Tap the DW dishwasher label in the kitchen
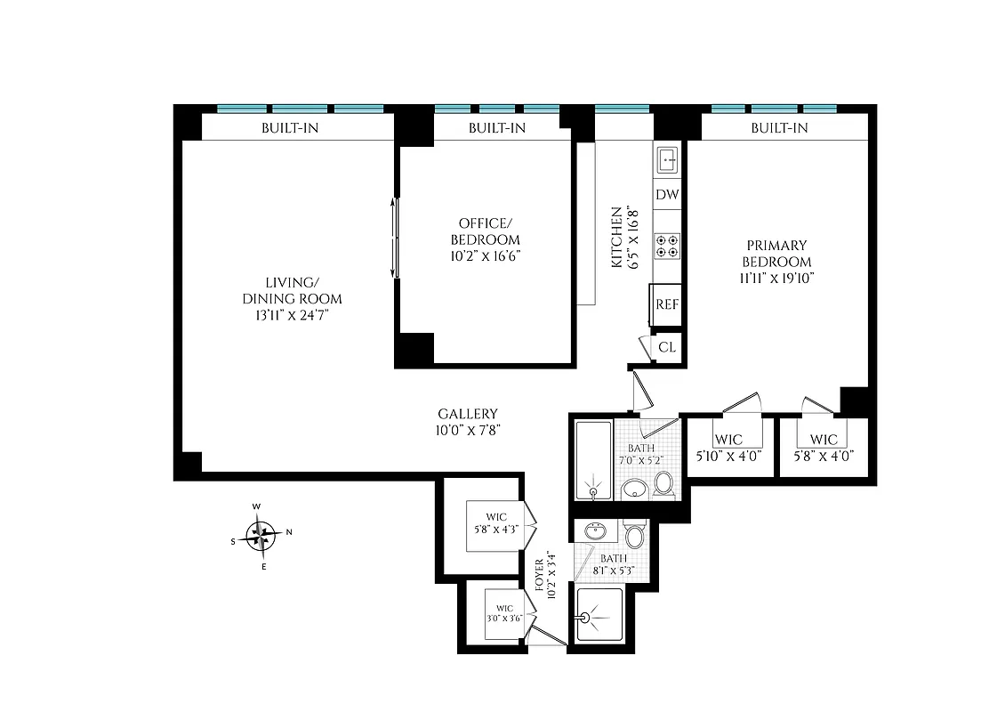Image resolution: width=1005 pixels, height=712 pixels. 667,195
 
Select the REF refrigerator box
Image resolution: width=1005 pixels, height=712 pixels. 667,304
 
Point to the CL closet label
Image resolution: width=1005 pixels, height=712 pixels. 667,347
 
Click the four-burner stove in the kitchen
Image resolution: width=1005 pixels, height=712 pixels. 667,246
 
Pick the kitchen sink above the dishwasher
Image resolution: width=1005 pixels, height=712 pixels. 667,160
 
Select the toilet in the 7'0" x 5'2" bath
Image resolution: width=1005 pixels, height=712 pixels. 663,482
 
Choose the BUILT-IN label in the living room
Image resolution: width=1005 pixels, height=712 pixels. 290,128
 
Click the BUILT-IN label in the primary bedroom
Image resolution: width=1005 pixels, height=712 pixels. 779,128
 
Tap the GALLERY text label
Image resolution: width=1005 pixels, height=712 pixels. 468,414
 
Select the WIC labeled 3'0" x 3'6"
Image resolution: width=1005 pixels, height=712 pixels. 505,614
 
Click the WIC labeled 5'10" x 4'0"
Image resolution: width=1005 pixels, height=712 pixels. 728,445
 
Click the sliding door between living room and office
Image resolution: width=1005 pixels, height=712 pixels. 397,237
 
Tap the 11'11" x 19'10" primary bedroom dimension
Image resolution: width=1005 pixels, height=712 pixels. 777,278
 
